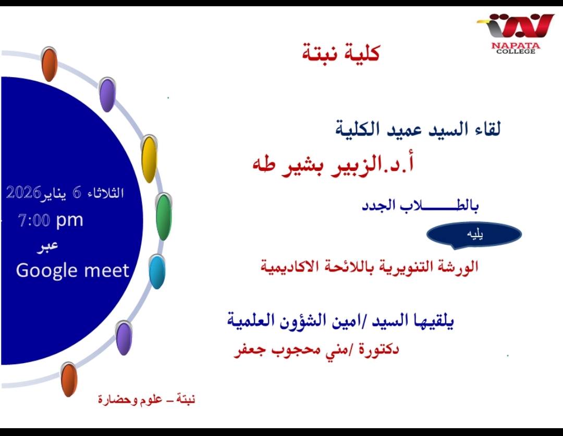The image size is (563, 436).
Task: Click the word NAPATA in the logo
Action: click(x=516, y=45)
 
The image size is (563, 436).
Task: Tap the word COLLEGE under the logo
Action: click(x=516, y=52)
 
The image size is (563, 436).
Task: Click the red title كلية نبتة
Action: click(x=341, y=53)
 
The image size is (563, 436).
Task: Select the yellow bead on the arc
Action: click(x=149, y=159)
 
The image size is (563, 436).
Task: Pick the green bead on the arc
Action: click(x=164, y=217)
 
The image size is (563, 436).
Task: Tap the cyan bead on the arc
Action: click(x=157, y=271)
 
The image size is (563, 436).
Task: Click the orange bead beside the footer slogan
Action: click(x=69, y=379)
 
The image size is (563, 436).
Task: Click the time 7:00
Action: click(x=34, y=220)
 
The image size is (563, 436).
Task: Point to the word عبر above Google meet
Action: click(x=47, y=247)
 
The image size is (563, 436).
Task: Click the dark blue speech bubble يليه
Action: click(x=474, y=235)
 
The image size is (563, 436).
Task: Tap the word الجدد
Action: click(x=378, y=206)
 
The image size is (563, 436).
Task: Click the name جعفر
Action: click(x=248, y=350)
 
